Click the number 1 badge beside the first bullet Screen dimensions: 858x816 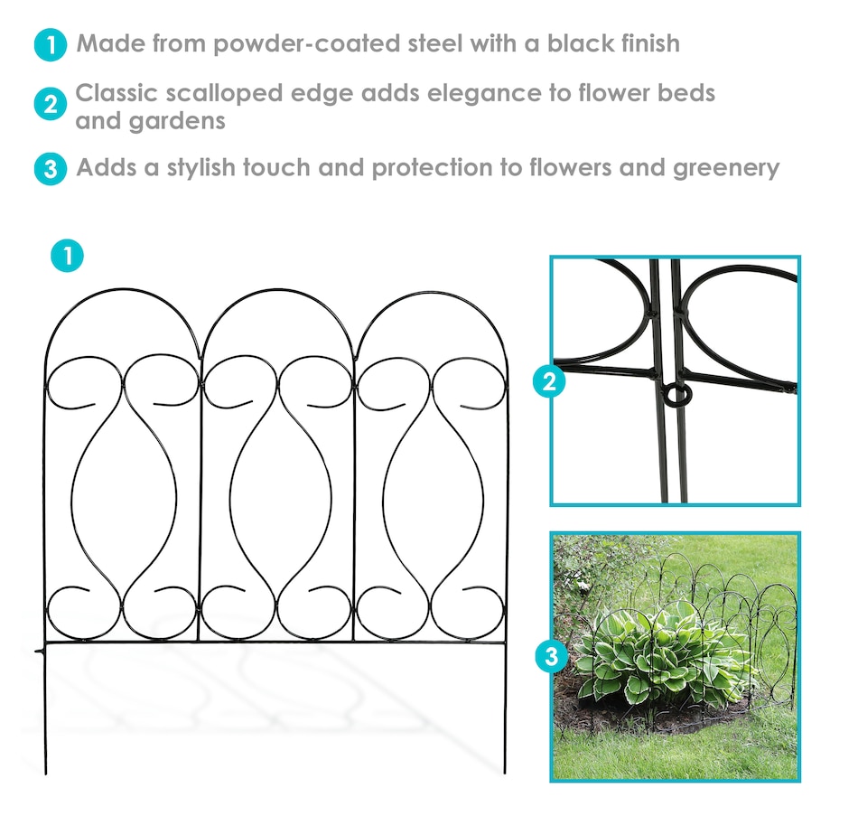pyautogui.click(x=51, y=44)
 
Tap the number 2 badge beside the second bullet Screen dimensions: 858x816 pyautogui.click(x=51, y=104)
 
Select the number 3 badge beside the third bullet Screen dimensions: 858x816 pyautogui.click(x=51, y=169)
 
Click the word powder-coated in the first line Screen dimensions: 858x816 pyautogui.click(x=306, y=44)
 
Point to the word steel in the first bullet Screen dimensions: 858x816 pyautogui.click(x=435, y=43)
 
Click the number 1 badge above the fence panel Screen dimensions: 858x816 pyautogui.click(x=68, y=256)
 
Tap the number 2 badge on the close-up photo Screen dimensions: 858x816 pyautogui.click(x=549, y=381)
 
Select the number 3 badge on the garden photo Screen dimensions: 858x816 pyautogui.click(x=552, y=656)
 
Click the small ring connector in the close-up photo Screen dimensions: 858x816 pyautogui.click(x=676, y=394)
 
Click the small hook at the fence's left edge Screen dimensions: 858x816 pyautogui.click(x=40, y=652)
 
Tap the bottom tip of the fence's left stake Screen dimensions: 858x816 pyautogui.click(x=46, y=774)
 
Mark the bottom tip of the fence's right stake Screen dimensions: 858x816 pyautogui.click(x=505, y=773)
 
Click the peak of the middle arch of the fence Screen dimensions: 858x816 pyautogui.click(x=278, y=289)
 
